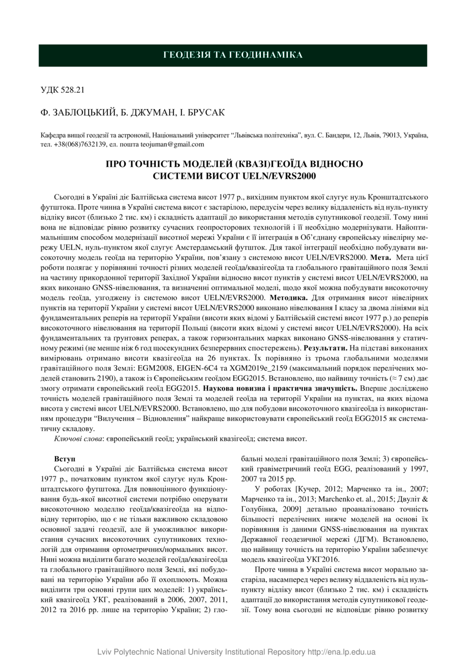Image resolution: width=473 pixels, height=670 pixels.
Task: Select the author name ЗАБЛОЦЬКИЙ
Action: pos(84,112)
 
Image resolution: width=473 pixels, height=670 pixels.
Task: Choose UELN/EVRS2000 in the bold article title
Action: pos(277,176)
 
